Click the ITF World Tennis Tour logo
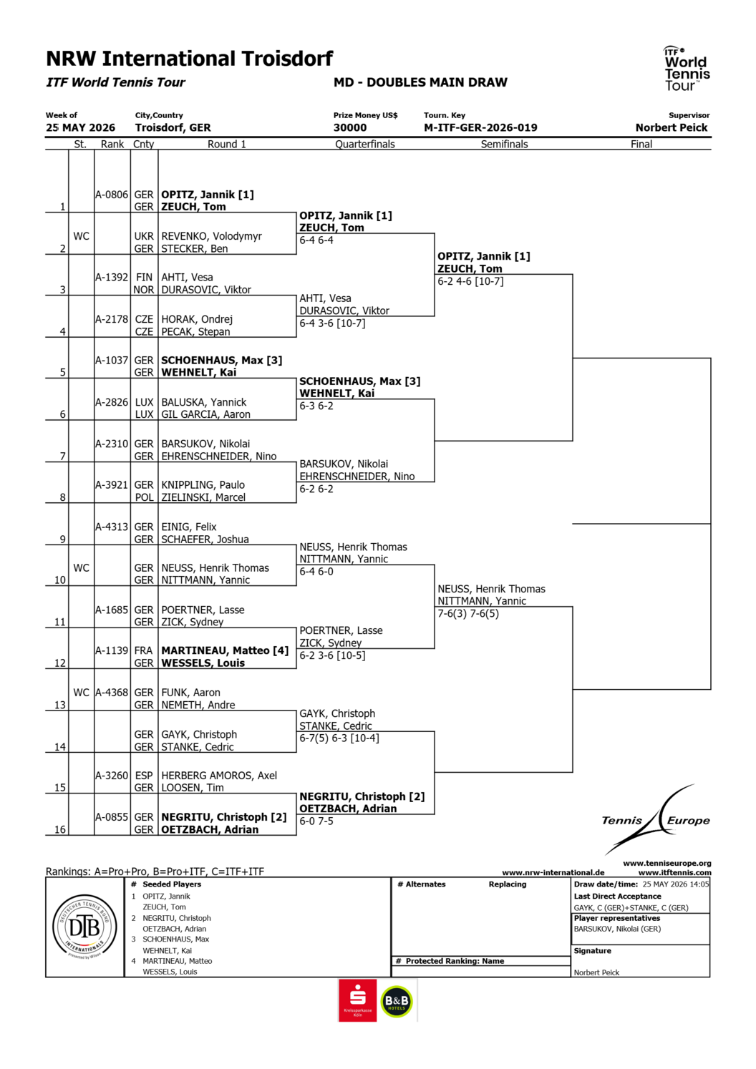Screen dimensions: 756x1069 [686, 69]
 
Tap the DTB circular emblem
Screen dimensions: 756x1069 [84, 927]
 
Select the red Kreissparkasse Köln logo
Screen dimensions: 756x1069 [357, 1000]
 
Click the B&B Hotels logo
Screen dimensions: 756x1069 [397, 1001]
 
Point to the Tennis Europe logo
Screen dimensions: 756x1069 [656, 819]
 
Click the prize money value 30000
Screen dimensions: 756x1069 [350, 127]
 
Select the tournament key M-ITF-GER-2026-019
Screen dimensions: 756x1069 [480, 127]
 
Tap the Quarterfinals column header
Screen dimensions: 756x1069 [365, 144]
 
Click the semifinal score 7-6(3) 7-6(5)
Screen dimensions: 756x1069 [468, 614]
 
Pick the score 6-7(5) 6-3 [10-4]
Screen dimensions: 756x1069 [339, 738]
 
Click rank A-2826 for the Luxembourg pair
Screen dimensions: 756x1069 [112, 402]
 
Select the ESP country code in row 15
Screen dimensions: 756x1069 [144, 776]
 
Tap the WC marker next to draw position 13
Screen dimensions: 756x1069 [81, 693]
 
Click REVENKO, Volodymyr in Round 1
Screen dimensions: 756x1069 [212, 236]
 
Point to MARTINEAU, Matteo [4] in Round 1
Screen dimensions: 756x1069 [225, 650]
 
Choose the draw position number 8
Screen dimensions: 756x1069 [62, 497]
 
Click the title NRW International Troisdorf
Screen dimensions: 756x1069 [190, 59]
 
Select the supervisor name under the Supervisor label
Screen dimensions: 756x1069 [672, 127]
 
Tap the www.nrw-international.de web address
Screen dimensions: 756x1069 [553, 872]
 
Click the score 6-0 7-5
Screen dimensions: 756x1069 [316, 821]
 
